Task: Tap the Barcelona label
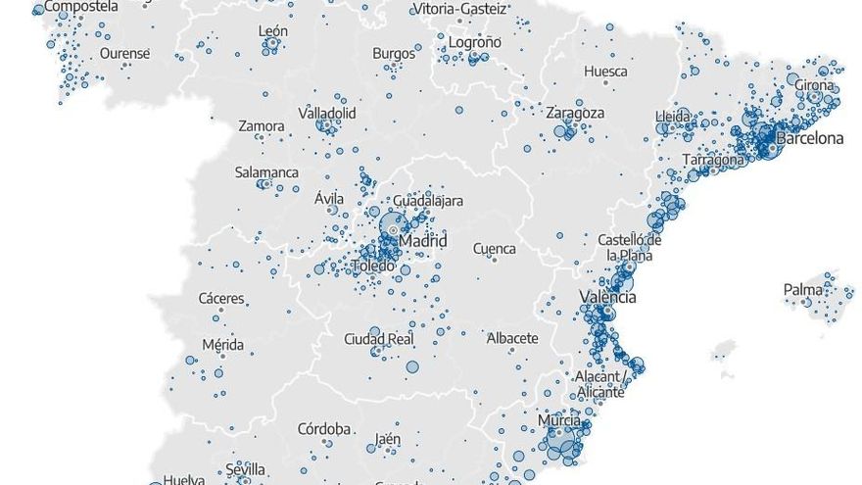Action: (809, 138)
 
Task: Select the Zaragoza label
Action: (575, 113)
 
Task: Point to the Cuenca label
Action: (494, 249)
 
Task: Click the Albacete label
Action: (512, 338)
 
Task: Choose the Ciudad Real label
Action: (378, 339)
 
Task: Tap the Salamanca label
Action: (266, 172)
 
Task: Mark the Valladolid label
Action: (327, 114)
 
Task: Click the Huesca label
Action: (605, 72)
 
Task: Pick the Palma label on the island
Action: (802, 290)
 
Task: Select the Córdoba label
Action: (324, 428)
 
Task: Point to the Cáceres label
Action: (221, 298)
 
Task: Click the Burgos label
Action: (394, 53)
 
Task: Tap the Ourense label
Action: (124, 53)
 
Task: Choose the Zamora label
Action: (262, 126)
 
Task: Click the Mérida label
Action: (222, 345)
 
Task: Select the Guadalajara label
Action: (429, 201)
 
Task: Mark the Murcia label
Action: (559, 420)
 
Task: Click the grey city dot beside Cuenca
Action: (496, 260)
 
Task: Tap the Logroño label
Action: (474, 42)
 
